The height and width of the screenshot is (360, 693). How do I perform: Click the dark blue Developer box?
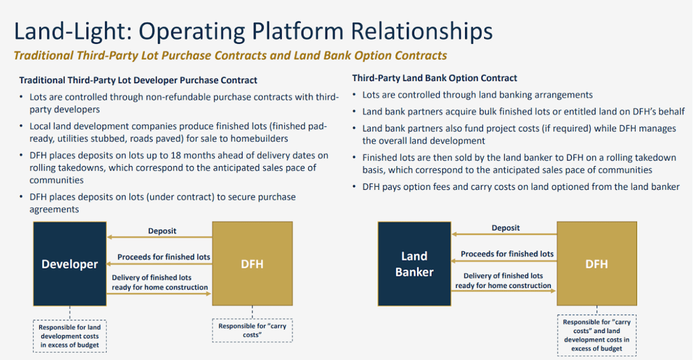coord(69,264)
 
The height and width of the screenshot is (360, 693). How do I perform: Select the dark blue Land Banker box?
coord(414,264)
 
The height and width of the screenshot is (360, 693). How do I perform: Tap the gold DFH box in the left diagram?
coord(252,264)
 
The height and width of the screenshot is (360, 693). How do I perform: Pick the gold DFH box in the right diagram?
coord(596,264)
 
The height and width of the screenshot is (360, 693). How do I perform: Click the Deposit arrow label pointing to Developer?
coord(162,231)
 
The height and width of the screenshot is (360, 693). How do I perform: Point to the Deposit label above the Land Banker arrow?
coord(506,228)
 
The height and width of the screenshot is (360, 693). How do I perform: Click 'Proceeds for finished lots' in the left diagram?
coord(164,257)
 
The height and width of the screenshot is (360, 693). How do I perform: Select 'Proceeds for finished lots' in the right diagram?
coord(507,253)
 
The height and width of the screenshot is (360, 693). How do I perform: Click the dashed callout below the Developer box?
coord(69,336)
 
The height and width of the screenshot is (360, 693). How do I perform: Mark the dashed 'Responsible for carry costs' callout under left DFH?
coord(252,330)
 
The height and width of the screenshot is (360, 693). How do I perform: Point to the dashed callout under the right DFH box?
coord(596,335)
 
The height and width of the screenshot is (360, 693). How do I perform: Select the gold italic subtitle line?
coord(230,56)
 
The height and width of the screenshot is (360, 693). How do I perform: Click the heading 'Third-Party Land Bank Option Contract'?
coord(434,78)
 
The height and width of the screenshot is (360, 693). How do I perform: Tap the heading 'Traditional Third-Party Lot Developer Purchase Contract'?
coord(138,80)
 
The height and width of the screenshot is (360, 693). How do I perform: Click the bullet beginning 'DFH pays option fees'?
coord(521,187)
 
